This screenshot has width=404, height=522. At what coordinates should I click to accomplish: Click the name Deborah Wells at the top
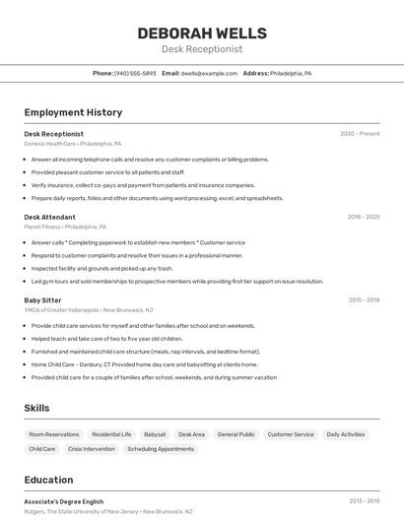point(202,33)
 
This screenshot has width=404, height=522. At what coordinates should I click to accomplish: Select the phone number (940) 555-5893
point(135,74)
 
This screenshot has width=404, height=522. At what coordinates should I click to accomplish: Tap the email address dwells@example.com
point(209,74)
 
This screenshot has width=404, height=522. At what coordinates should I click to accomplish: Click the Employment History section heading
point(73,113)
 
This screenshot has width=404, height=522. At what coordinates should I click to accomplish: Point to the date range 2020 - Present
point(360,134)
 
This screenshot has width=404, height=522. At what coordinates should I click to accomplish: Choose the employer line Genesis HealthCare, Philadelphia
point(73,144)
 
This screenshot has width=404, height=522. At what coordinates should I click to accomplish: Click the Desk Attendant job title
point(49,217)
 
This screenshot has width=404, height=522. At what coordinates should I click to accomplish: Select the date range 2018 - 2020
point(363,217)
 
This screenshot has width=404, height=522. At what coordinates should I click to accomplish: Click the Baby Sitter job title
point(42,299)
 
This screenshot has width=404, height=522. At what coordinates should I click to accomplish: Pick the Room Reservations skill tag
point(54,434)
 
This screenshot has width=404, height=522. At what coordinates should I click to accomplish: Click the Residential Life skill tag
point(111,434)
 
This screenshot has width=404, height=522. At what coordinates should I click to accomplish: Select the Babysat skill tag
point(155,434)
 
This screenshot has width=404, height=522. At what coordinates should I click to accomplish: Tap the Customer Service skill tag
point(291,434)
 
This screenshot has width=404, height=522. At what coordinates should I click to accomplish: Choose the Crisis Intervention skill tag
point(92,449)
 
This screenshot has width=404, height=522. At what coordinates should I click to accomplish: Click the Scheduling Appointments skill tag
point(161,449)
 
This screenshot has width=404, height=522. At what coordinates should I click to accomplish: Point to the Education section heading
point(48,481)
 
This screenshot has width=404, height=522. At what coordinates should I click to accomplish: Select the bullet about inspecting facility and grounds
point(101,268)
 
